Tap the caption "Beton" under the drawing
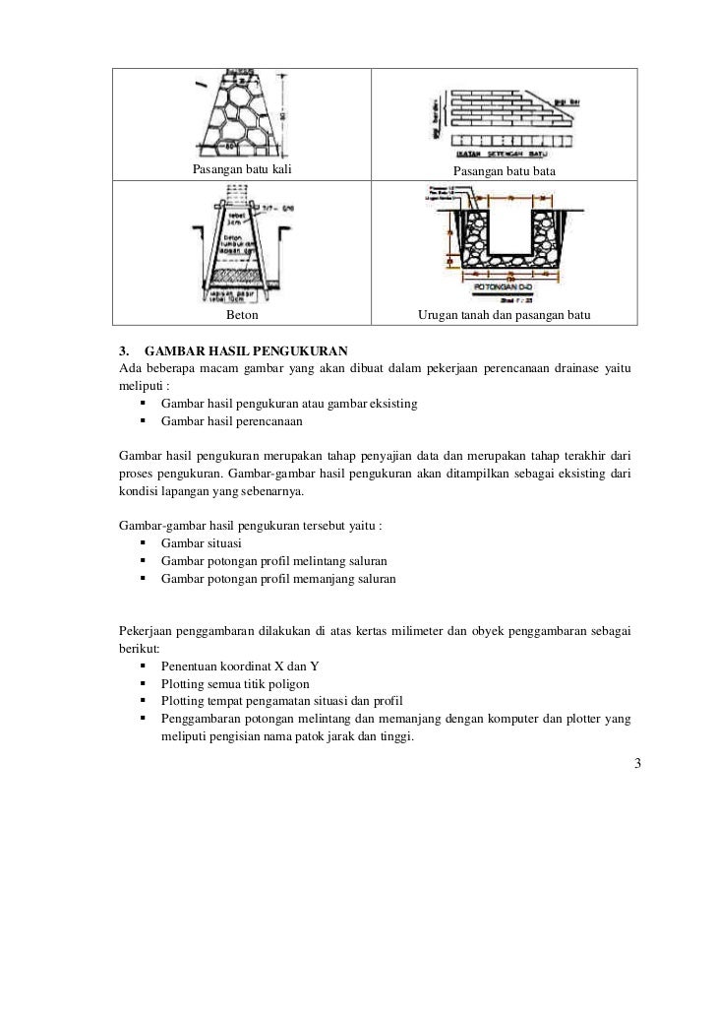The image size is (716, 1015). [x=242, y=315]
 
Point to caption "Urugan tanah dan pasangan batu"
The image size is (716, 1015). [x=504, y=315]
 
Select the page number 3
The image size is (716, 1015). [x=637, y=763]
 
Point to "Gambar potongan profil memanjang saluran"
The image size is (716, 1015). [x=278, y=580]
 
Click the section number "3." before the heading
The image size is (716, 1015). [x=124, y=351]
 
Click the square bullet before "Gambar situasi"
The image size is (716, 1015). [x=144, y=544]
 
